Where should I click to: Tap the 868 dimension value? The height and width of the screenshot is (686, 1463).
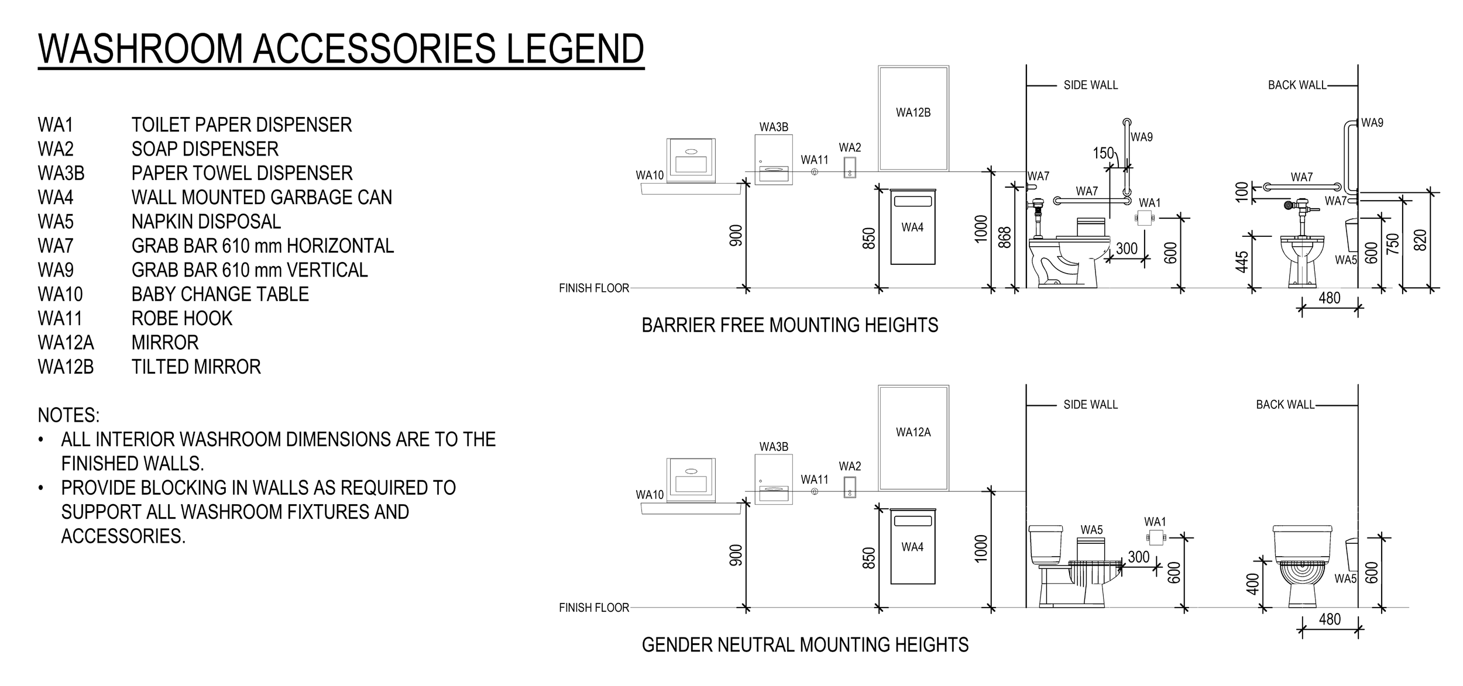[x=1004, y=237]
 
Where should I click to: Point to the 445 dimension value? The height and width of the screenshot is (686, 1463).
[x=1242, y=261]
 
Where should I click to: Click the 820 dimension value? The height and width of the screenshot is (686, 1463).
[x=1420, y=240]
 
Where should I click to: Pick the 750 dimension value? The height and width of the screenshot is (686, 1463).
[x=1393, y=244]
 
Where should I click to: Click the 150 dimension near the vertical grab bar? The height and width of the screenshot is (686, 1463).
[x=1103, y=153]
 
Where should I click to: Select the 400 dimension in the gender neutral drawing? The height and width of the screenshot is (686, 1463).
[x=1252, y=584]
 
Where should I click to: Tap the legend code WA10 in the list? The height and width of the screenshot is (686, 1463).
[x=60, y=294]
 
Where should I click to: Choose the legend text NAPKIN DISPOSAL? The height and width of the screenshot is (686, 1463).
[x=206, y=222]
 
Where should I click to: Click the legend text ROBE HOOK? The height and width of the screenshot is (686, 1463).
[x=182, y=318]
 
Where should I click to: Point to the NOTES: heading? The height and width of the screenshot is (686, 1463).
[x=68, y=415]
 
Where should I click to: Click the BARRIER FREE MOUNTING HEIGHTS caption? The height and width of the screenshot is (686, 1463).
[x=789, y=325]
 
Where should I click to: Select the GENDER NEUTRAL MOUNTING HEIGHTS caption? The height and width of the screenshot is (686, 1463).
[x=805, y=645]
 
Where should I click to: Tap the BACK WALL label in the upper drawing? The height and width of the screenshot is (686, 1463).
[x=1297, y=85]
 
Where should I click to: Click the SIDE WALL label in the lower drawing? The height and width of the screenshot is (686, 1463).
[x=1090, y=405]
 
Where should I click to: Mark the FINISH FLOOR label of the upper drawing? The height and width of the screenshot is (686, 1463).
[x=593, y=288]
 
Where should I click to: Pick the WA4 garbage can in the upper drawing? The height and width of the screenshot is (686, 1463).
[x=912, y=227]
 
